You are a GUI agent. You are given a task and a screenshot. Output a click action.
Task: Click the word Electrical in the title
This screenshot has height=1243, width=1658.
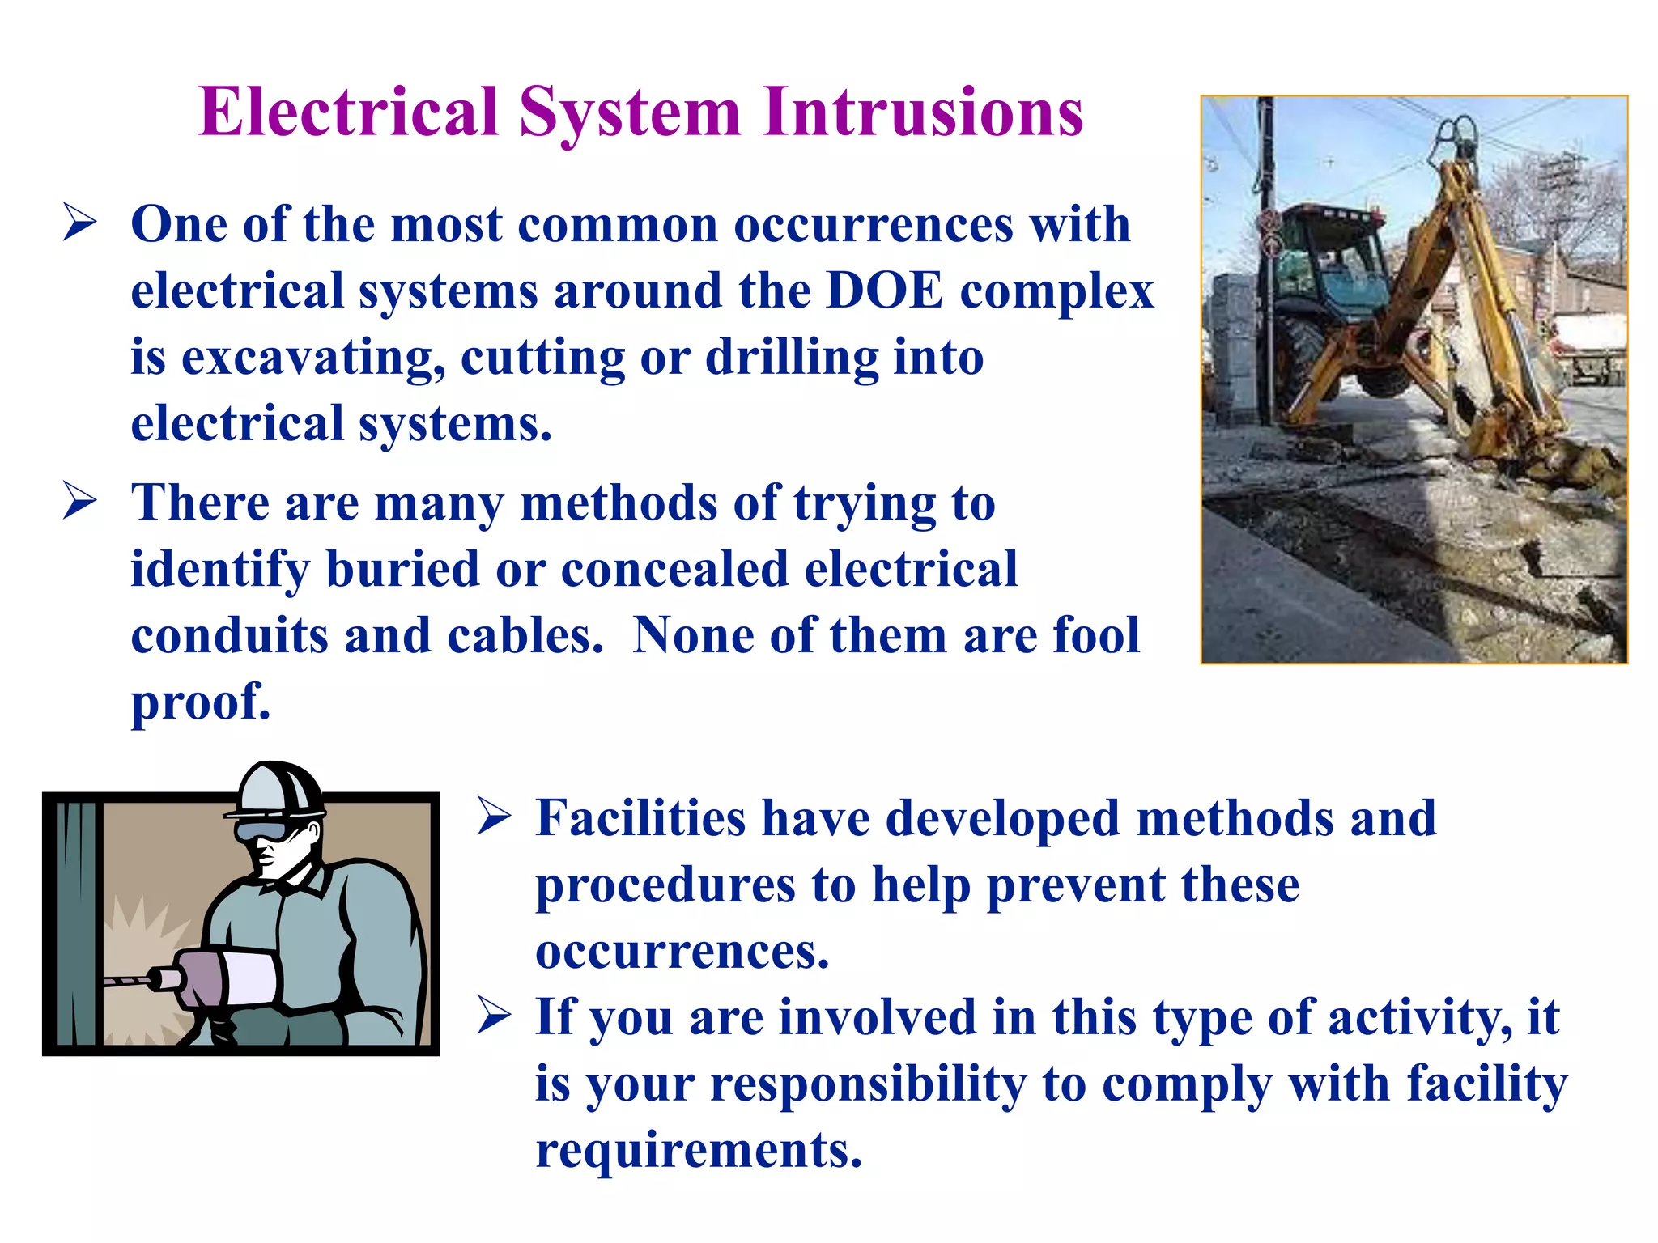(x=348, y=112)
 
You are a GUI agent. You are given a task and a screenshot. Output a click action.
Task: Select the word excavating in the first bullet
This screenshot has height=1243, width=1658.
(x=312, y=358)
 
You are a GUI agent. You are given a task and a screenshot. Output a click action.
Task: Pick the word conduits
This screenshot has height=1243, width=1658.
(x=229, y=635)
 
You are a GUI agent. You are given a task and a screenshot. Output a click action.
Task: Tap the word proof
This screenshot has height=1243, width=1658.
(x=200, y=702)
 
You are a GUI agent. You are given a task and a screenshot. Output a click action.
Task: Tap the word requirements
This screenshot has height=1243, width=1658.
(x=698, y=1150)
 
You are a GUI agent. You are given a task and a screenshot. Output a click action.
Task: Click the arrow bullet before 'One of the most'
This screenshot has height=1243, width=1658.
(x=80, y=223)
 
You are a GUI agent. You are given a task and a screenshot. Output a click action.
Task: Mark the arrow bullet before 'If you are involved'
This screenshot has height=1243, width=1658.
(x=494, y=1016)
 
